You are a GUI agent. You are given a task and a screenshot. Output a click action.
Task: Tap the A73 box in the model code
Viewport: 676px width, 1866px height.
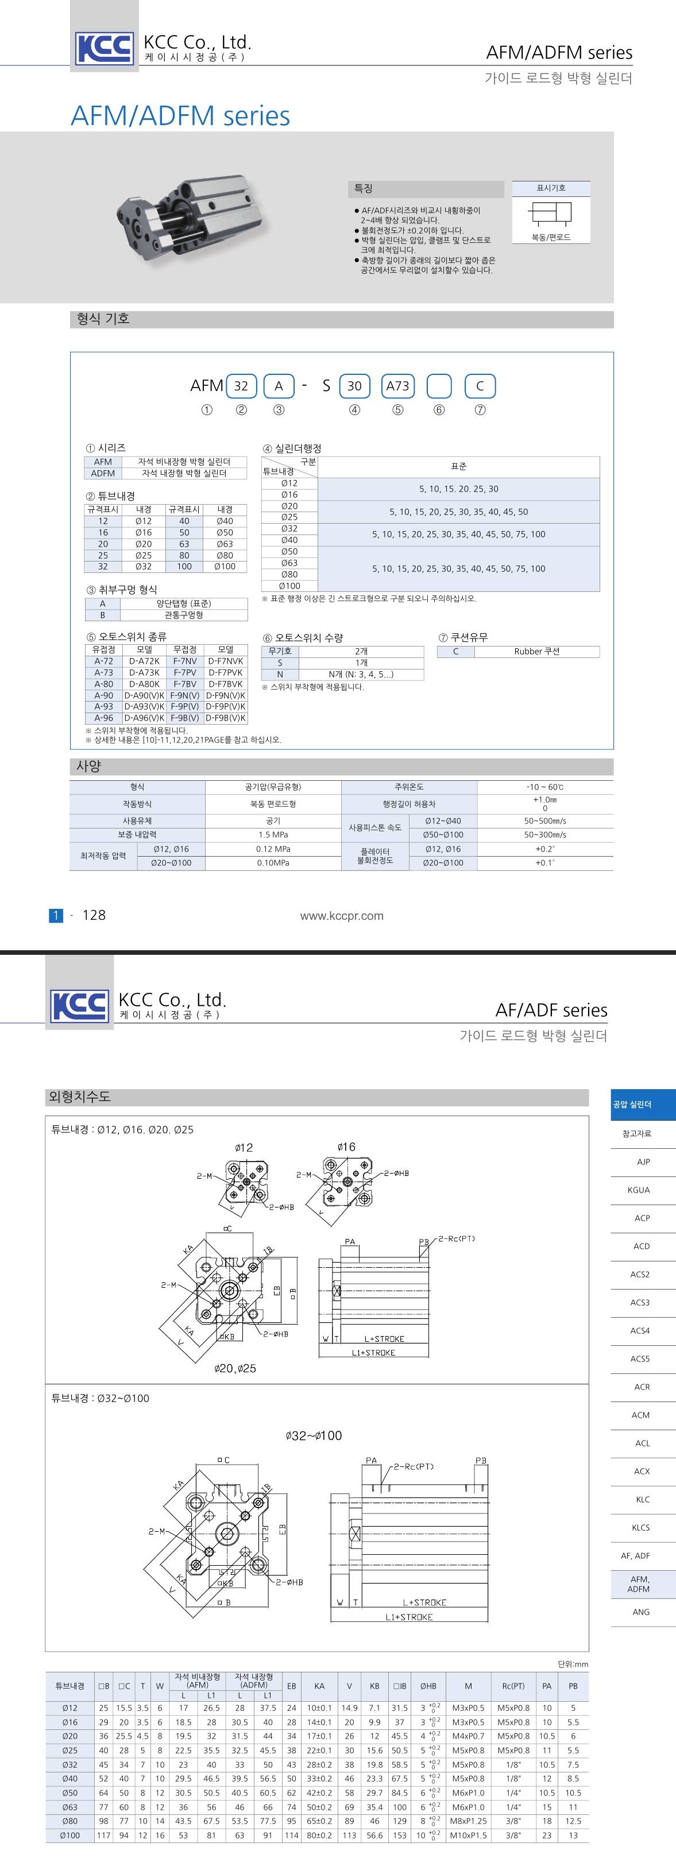pos(397,386)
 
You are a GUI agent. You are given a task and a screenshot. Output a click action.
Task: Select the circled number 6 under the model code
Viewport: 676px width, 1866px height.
pos(439,410)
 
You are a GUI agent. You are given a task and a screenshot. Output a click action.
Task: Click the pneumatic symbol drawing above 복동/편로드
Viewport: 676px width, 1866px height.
pos(551,213)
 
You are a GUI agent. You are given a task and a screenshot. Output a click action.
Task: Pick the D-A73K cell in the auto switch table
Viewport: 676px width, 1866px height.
pos(144,672)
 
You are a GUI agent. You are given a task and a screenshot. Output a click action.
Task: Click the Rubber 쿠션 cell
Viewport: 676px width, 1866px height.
pos(537,651)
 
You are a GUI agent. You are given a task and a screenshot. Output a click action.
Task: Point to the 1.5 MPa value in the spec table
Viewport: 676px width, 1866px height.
pos(273,834)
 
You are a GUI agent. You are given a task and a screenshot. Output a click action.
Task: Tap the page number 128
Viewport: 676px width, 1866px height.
pos(94,915)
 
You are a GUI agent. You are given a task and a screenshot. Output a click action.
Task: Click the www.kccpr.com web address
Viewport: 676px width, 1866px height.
pos(341,916)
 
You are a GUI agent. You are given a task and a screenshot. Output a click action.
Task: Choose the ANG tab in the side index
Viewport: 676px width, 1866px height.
pos(640,1612)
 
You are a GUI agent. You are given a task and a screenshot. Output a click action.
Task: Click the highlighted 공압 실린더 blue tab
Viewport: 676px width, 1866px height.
pos(632,1104)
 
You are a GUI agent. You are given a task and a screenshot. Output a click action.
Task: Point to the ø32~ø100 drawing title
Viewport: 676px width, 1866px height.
pos(313,1436)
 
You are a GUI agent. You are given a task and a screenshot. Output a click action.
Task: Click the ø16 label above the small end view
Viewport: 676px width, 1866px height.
pos(346,1147)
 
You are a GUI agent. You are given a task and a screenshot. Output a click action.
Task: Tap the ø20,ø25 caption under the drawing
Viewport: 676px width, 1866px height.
pos(235,1368)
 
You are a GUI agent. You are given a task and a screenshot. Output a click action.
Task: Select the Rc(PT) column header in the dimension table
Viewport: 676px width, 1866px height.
pos(513,1686)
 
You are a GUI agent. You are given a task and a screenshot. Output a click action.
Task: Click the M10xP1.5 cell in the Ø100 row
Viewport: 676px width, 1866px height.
pos(468,1835)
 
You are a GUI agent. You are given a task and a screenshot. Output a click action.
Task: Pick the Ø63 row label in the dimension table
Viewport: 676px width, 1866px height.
pos(69,1807)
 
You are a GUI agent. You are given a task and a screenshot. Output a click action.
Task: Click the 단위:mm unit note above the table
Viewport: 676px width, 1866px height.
pos(573,1664)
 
